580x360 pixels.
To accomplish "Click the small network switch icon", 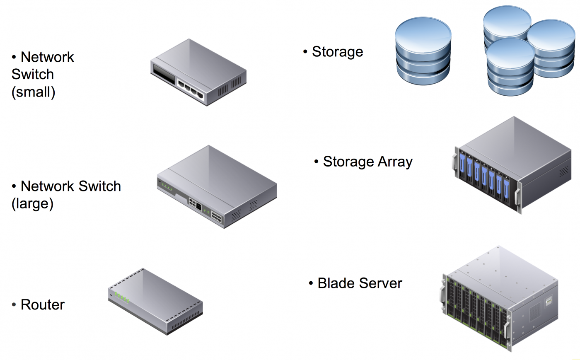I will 198,72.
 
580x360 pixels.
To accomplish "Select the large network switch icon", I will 217,186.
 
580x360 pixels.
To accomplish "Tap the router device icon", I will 156,301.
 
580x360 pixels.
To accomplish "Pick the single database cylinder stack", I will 423,51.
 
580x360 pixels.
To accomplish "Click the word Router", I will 43,305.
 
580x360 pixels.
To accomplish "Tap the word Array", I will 394,162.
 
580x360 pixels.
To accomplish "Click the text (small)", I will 33,92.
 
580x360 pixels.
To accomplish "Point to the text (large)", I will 32,204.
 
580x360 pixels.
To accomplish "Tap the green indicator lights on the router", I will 122,297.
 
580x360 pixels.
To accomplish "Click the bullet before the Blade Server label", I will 311,284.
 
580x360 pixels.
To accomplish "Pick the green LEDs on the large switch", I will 167,187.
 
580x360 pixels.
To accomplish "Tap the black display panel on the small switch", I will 164,74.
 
